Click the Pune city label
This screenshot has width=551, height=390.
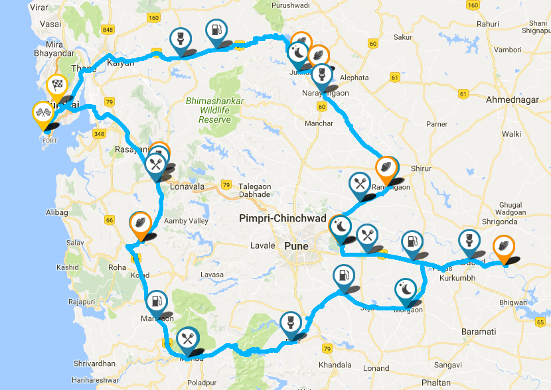[297, 246]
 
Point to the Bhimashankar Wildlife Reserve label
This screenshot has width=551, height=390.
[214, 110]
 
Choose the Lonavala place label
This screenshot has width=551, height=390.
[187, 187]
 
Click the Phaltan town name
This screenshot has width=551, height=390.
[436, 383]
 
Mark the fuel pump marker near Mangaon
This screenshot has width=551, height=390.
[157, 302]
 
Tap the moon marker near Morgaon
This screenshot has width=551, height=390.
[406, 289]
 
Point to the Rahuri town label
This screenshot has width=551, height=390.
[487, 24]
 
